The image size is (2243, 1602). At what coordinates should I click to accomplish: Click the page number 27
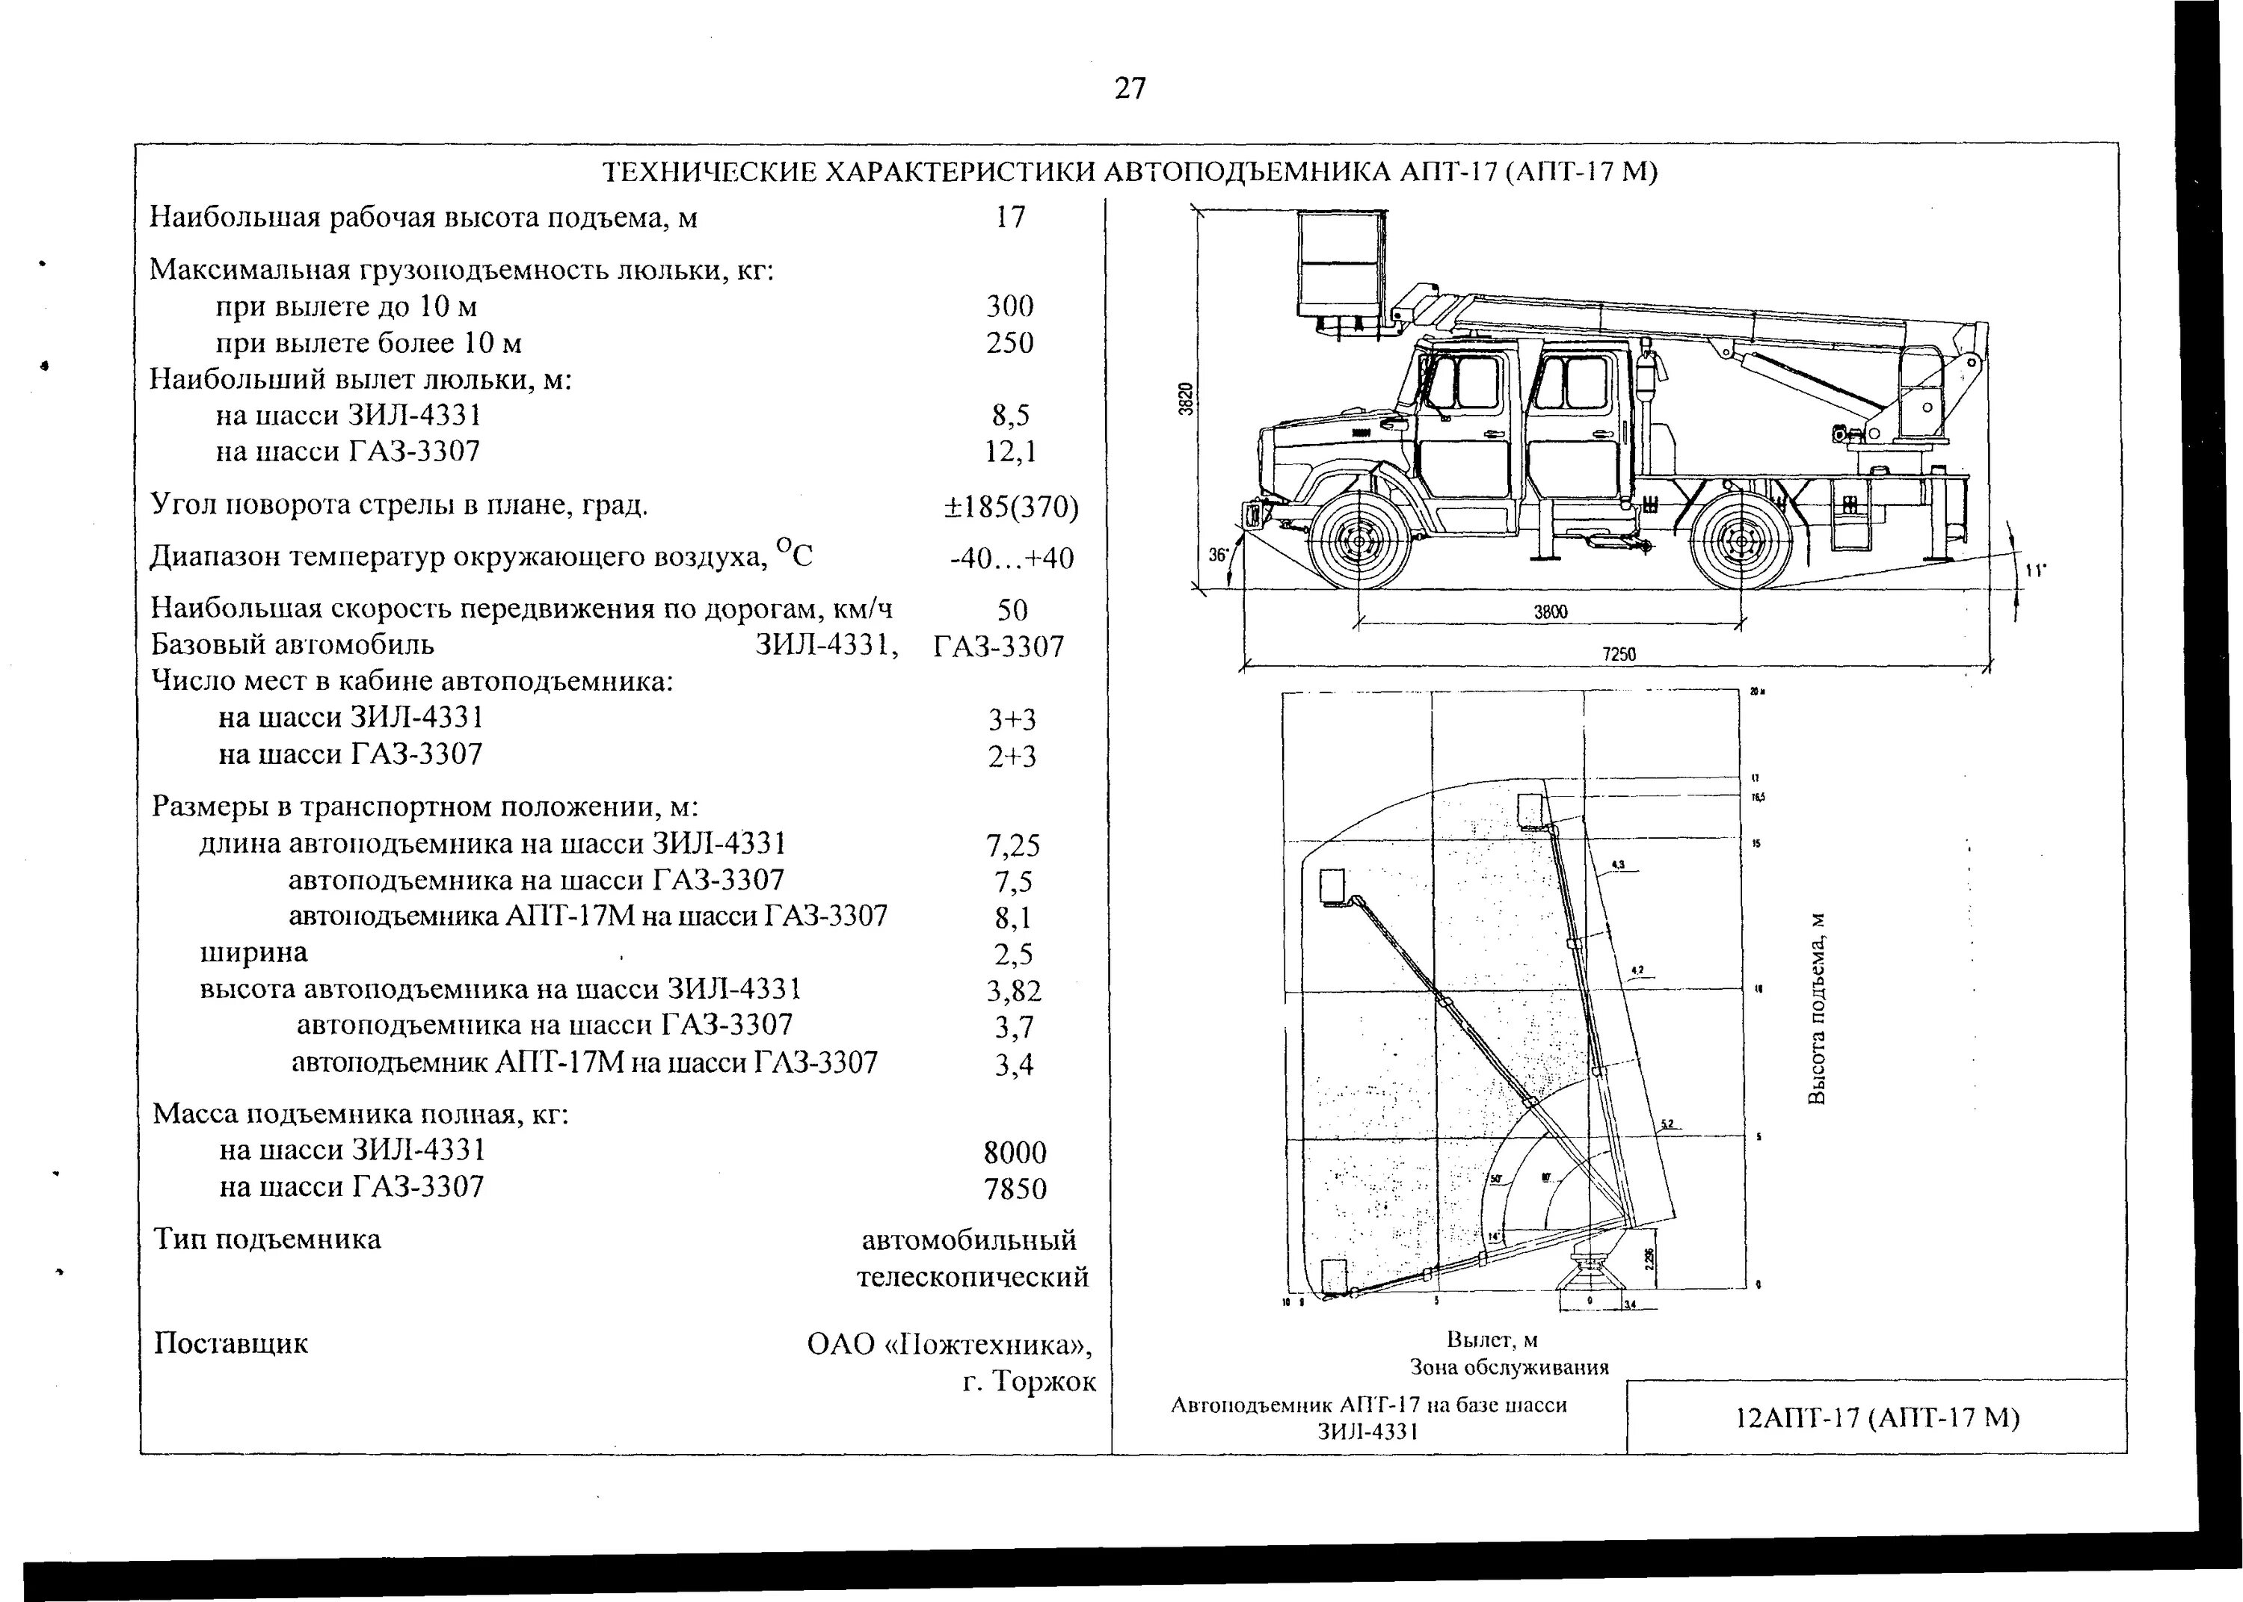pyautogui.click(x=1130, y=89)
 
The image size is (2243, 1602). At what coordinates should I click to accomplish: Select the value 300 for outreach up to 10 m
pyautogui.click(x=1009, y=306)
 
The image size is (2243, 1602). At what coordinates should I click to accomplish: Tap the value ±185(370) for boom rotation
pyautogui.click(x=1010, y=507)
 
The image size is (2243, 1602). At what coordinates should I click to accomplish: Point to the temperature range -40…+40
pyautogui.click(x=1011, y=558)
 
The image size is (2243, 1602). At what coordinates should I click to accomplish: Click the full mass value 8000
pyautogui.click(x=1014, y=1152)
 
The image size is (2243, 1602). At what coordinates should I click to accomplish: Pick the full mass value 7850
pyautogui.click(x=1014, y=1189)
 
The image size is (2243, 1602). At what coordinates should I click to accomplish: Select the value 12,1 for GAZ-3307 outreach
pyautogui.click(x=1010, y=452)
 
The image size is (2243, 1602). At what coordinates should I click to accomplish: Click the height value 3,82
pyautogui.click(x=1013, y=991)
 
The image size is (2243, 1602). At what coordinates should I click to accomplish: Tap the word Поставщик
pyautogui.click(x=231, y=1343)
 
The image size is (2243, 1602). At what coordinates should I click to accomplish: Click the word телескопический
pyautogui.click(x=973, y=1277)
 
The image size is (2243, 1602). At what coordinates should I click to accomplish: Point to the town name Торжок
pyautogui.click(x=1044, y=1381)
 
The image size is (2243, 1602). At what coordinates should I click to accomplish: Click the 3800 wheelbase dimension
pyautogui.click(x=1550, y=611)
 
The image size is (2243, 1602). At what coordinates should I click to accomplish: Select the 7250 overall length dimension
pyautogui.click(x=1618, y=654)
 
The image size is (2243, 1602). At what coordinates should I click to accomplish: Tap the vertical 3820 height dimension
pyautogui.click(x=1189, y=398)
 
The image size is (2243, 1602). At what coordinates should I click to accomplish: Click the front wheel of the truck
pyautogui.click(x=1359, y=540)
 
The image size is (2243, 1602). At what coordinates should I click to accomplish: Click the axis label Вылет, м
pyautogui.click(x=1492, y=1340)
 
